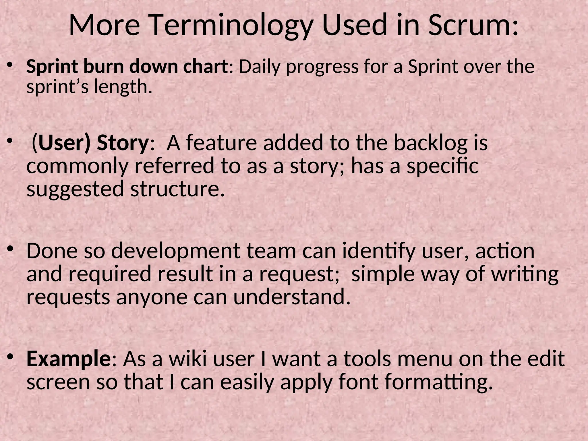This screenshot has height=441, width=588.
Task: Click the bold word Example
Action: (69, 359)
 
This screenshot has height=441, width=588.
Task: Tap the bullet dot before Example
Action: (10, 357)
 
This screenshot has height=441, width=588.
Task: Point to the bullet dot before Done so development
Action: (10, 249)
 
